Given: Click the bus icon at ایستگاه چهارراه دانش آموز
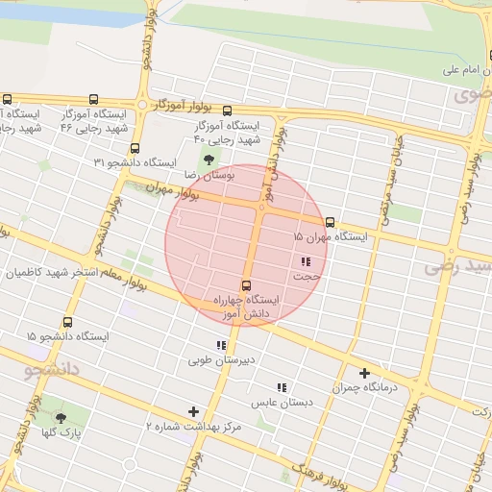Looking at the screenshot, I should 247,285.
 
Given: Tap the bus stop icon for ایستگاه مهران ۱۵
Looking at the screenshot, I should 331,222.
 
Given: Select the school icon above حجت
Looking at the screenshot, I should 306,261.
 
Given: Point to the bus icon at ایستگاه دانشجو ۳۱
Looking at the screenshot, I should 134,148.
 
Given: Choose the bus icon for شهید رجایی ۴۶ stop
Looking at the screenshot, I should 93,99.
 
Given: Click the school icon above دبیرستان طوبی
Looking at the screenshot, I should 221,345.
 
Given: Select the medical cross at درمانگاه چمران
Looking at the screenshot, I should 364,373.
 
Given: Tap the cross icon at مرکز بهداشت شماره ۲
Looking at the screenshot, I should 194,410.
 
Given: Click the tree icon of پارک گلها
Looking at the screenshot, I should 62,418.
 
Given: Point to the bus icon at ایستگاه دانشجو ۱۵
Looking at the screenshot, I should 68,323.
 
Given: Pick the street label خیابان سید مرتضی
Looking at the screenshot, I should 395,162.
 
